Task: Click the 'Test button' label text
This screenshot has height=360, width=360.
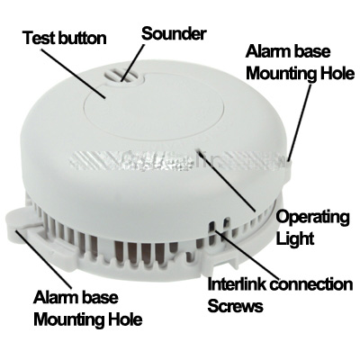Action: pos(65,38)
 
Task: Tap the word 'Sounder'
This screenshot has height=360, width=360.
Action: pos(174,33)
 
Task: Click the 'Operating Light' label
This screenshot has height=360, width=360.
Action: pos(312,228)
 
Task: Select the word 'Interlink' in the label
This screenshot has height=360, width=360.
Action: pos(237,284)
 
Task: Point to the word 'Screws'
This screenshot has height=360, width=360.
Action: pos(235,306)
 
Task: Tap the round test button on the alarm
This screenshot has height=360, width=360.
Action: pos(154,106)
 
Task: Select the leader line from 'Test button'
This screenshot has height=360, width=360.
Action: pos(73,73)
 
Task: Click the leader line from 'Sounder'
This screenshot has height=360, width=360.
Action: pos(133,62)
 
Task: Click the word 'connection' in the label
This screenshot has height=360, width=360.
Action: pos(310,284)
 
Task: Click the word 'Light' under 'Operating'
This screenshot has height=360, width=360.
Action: pos(295,238)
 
